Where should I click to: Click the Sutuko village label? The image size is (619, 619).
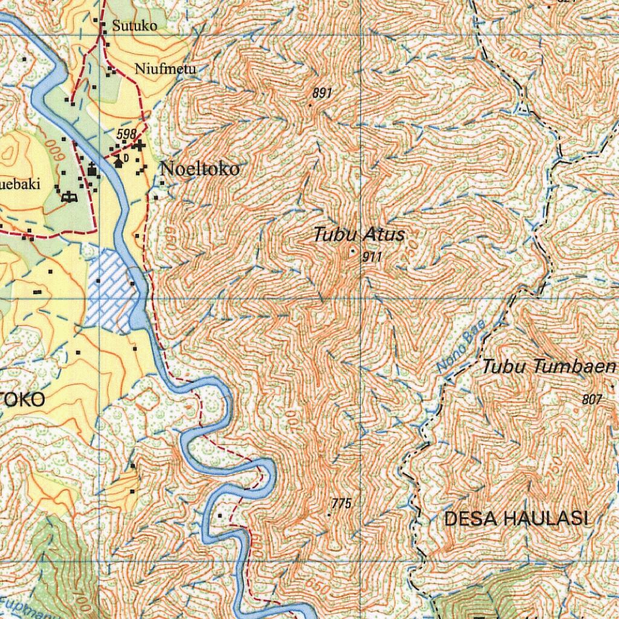(134, 25)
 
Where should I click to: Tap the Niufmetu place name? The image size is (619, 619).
(166, 68)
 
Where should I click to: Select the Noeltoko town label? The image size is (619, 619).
(199, 169)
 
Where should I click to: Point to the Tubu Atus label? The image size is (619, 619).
(359, 235)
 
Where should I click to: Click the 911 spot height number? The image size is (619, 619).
(372, 257)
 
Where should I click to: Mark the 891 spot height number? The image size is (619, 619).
(323, 93)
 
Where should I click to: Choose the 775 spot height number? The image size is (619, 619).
(342, 504)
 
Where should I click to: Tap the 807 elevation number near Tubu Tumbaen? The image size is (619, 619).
(592, 399)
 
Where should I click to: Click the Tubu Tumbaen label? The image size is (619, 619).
(549, 366)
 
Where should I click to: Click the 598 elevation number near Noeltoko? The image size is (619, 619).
(126, 134)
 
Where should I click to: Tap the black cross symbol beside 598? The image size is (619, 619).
(140, 145)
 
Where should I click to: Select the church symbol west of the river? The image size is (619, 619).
(92, 171)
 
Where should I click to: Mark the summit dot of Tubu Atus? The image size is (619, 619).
(353, 251)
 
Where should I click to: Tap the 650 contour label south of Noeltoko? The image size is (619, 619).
(171, 233)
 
